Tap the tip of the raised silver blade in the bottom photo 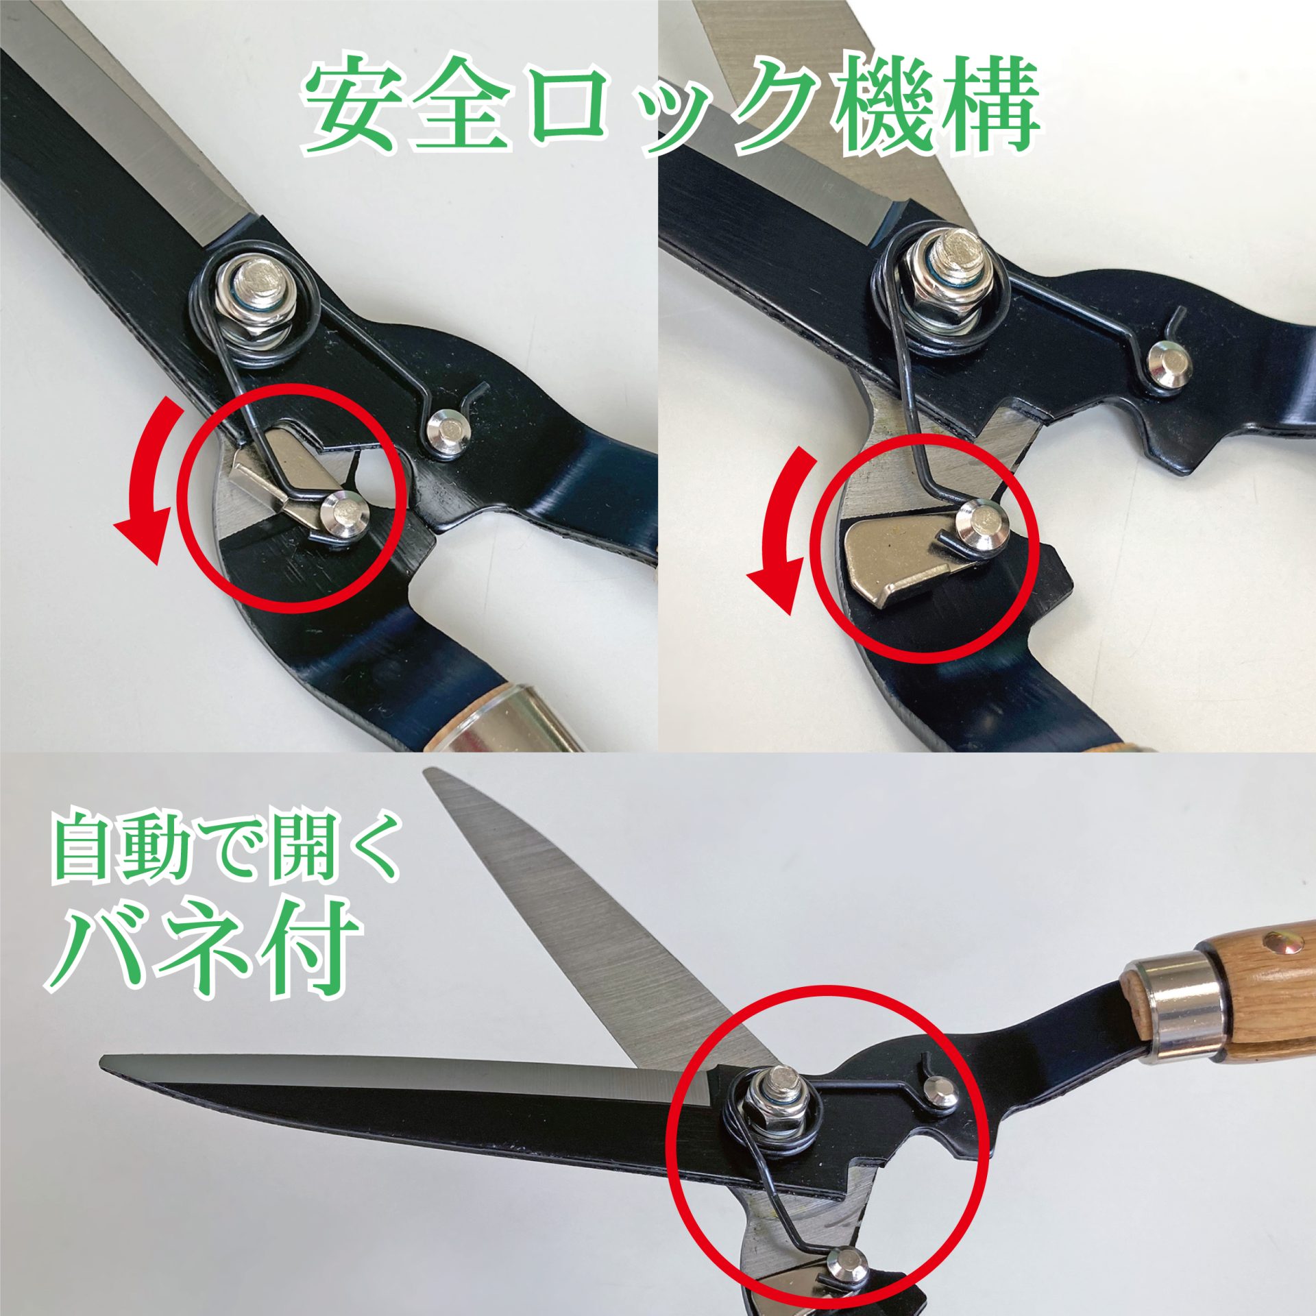(x=429, y=772)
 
